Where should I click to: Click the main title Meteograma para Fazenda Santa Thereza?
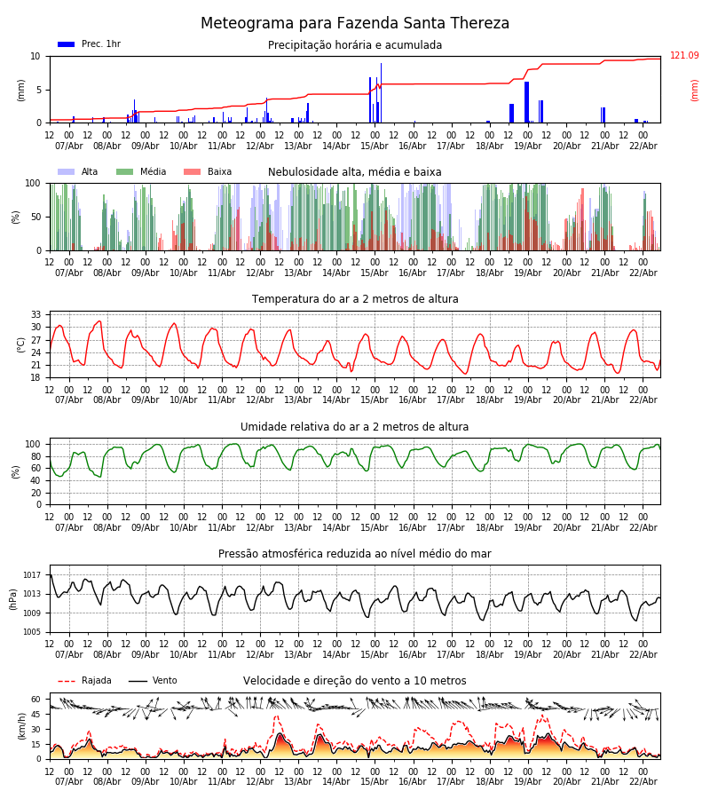click(355, 24)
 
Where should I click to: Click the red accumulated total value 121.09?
click(684, 56)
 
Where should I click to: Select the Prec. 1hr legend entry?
click(90, 44)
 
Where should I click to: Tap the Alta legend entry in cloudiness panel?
click(79, 172)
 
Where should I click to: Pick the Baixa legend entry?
click(209, 172)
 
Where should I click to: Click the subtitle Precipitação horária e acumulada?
click(355, 45)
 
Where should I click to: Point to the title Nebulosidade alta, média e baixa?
click(355, 172)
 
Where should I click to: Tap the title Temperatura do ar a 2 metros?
click(355, 299)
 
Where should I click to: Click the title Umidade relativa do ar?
click(355, 427)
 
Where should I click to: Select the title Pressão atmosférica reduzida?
click(355, 554)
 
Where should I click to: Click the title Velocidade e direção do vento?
click(355, 681)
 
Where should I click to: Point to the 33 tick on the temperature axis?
click(36, 314)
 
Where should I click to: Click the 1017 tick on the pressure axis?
click(32, 574)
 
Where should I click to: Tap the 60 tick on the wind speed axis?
click(36, 699)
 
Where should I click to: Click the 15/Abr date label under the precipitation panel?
click(375, 146)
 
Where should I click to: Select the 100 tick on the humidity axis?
click(34, 444)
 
